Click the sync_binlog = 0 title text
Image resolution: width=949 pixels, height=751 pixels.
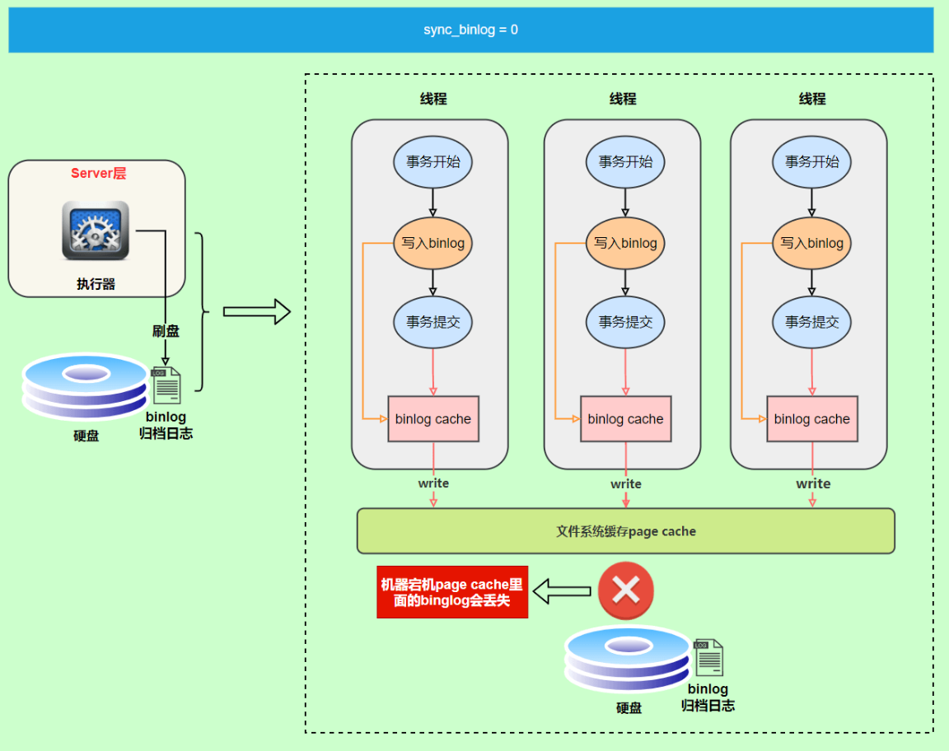(470, 30)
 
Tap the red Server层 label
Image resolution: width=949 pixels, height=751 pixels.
(98, 173)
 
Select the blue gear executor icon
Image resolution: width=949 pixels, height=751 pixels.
(96, 231)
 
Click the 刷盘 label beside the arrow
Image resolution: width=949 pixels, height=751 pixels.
(166, 331)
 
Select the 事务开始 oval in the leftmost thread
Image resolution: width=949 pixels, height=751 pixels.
(432, 161)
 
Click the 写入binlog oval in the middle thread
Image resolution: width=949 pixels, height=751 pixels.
(625, 243)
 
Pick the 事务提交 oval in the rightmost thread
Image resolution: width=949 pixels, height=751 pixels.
(811, 322)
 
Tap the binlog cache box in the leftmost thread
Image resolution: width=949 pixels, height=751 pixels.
(432, 419)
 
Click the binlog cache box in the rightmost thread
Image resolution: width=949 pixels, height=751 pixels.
(811, 419)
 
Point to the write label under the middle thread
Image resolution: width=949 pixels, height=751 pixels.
(625, 483)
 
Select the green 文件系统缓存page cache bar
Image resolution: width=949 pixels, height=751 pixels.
(625, 531)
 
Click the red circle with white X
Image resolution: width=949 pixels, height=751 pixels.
(625, 590)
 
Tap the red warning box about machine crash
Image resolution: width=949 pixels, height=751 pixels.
(452, 592)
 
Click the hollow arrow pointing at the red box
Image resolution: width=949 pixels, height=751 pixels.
(562, 590)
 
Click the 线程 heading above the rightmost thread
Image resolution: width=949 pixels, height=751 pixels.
(811, 99)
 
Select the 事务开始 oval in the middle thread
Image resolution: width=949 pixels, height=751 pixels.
(625, 161)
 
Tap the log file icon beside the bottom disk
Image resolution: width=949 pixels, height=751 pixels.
(708, 657)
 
